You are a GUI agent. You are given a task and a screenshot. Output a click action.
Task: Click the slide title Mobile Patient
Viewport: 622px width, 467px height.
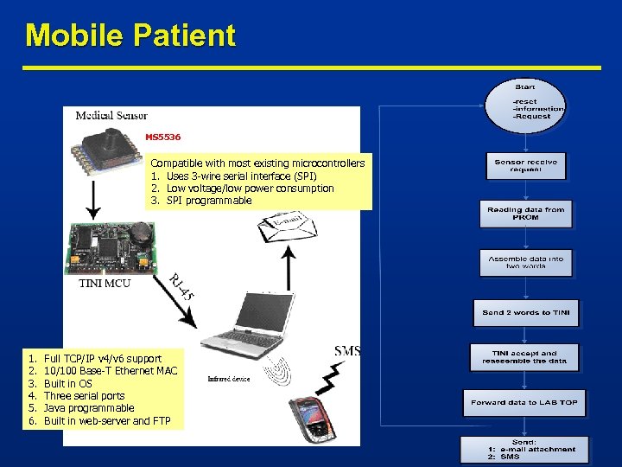130,35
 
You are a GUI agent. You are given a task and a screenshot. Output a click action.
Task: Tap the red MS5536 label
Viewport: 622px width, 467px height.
162,137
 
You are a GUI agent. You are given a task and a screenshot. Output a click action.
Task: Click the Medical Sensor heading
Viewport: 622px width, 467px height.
111,116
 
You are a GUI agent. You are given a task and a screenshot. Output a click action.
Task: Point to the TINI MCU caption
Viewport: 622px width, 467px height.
105,283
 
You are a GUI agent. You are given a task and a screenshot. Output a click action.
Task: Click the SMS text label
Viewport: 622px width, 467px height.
347,350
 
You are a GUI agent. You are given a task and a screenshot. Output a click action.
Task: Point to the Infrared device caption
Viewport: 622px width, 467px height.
229,379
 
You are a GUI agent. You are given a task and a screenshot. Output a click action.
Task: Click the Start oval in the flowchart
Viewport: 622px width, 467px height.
525,105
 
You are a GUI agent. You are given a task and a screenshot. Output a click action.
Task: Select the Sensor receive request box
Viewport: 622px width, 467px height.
525,165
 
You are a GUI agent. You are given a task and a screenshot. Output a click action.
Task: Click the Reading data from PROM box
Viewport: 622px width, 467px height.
525,213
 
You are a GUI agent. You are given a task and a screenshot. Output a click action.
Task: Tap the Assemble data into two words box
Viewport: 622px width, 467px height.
525,263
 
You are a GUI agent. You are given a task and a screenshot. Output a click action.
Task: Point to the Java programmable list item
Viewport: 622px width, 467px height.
89,408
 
